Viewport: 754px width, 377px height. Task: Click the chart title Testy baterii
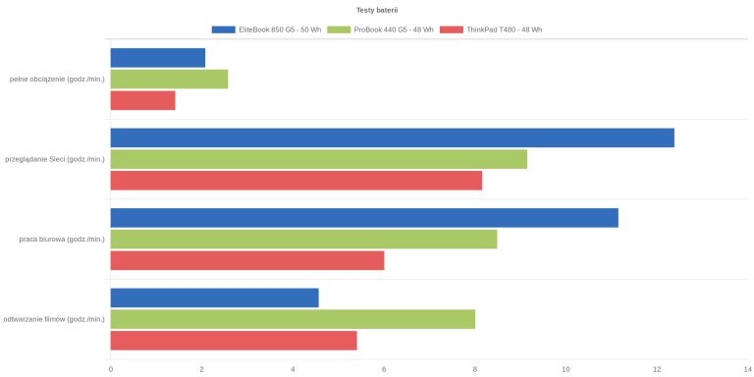click(x=377, y=10)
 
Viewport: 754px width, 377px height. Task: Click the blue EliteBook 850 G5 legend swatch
click(x=224, y=29)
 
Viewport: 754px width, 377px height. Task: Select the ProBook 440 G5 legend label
click(x=394, y=29)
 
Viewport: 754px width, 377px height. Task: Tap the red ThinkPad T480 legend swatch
click(x=452, y=29)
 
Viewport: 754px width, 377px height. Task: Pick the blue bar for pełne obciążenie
click(x=158, y=58)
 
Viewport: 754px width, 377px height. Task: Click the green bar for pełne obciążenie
click(x=169, y=79)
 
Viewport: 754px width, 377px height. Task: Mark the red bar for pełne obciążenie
click(x=142, y=100)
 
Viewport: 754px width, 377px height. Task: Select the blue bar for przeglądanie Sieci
click(x=393, y=137)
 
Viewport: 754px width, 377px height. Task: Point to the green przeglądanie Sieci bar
click(x=319, y=159)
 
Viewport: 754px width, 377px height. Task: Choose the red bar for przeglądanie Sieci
click(x=296, y=181)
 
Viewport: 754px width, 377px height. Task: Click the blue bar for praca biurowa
click(x=364, y=218)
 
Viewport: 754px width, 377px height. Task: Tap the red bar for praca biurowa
click(x=247, y=260)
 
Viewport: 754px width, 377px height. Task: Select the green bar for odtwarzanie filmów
click(x=293, y=319)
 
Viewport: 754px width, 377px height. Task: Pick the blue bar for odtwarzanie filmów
click(x=214, y=297)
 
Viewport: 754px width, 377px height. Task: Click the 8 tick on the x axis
click(x=475, y=369)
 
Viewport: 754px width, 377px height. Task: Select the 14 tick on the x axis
click(x=747, y=369)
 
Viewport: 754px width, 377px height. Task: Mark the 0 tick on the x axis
click(x=111, y=369)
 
